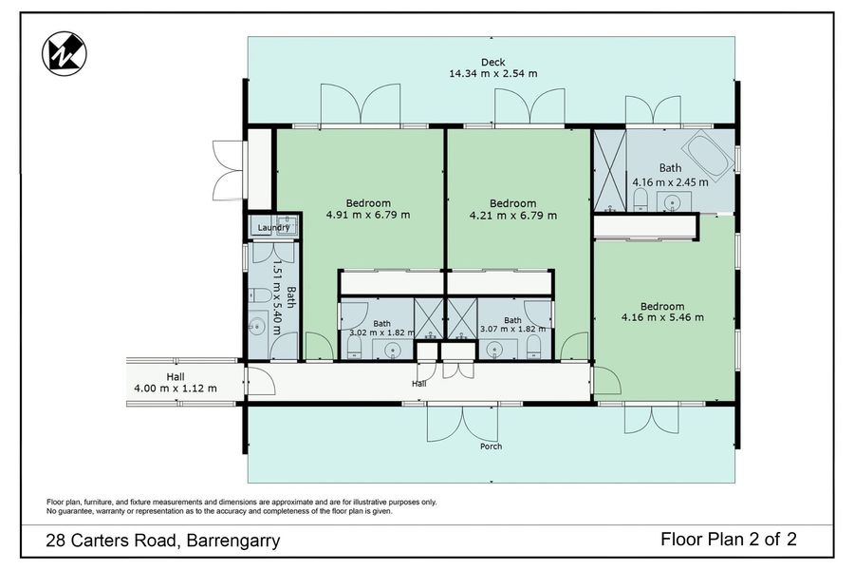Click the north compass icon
pos(65,53)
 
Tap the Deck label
pos(492,62)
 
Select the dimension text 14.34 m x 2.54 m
pos(492,74)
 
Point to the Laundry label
pos(273,227)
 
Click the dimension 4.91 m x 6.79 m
pos(368,215)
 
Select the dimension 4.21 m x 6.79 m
pos(513,216)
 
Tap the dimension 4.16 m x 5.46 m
pos(662,317)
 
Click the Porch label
pos(491,446)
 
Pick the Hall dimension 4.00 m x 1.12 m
pos(176,389)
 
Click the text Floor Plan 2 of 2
pos(728,540)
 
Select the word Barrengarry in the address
pos(233,541)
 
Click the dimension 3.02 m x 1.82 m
pos(381,332)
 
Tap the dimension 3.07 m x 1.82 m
pos(512,329)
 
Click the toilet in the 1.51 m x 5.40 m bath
pos(260,295)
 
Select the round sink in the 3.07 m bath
pos(495,349)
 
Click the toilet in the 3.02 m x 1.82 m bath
pos(354,347)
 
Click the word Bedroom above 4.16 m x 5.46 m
pos(662,307)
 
